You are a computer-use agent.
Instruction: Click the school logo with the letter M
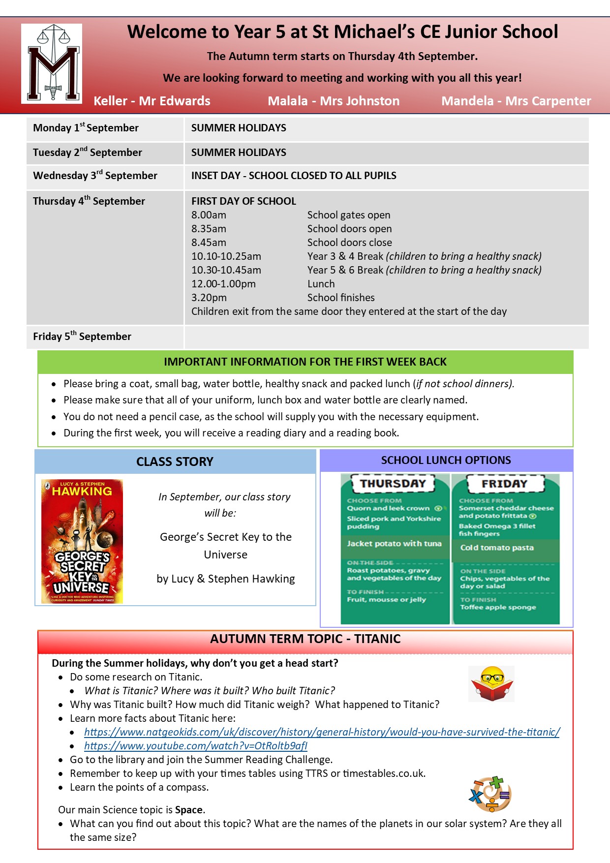(52, 63)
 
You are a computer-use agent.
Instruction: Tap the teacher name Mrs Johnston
(360, 101)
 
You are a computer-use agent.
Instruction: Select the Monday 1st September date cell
(86, 128)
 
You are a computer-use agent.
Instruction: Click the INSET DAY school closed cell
(294, 176)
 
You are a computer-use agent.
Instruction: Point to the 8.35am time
(209, 229)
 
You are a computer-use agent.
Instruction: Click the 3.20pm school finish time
(209, 298)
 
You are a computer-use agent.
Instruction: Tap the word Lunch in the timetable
(321, 284)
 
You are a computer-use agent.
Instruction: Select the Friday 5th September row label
(82, 337)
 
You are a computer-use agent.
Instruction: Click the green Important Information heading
(305, 362)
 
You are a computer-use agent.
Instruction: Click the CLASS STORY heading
(175, 462)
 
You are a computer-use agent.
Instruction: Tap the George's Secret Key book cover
(82, 541)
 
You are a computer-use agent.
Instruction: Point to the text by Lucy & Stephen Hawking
(226, 579)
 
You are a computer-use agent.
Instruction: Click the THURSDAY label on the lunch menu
(393, 484)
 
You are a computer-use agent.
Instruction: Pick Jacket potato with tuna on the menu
(394, 544)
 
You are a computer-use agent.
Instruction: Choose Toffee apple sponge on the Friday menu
(498, 607)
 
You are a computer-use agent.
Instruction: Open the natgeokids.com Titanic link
(322, 732)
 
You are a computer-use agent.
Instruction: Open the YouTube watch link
(196, 746)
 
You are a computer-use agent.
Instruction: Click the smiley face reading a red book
(491, 683)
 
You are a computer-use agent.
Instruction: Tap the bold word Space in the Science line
(189, 810)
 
